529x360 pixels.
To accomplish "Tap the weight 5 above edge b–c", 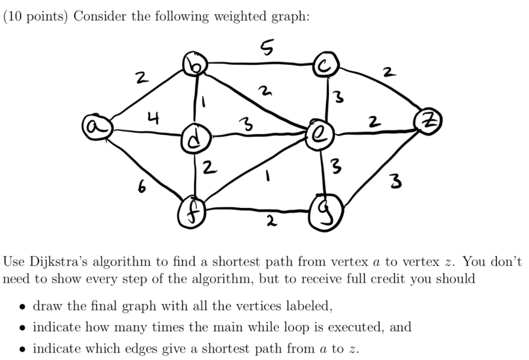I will (267, 48).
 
